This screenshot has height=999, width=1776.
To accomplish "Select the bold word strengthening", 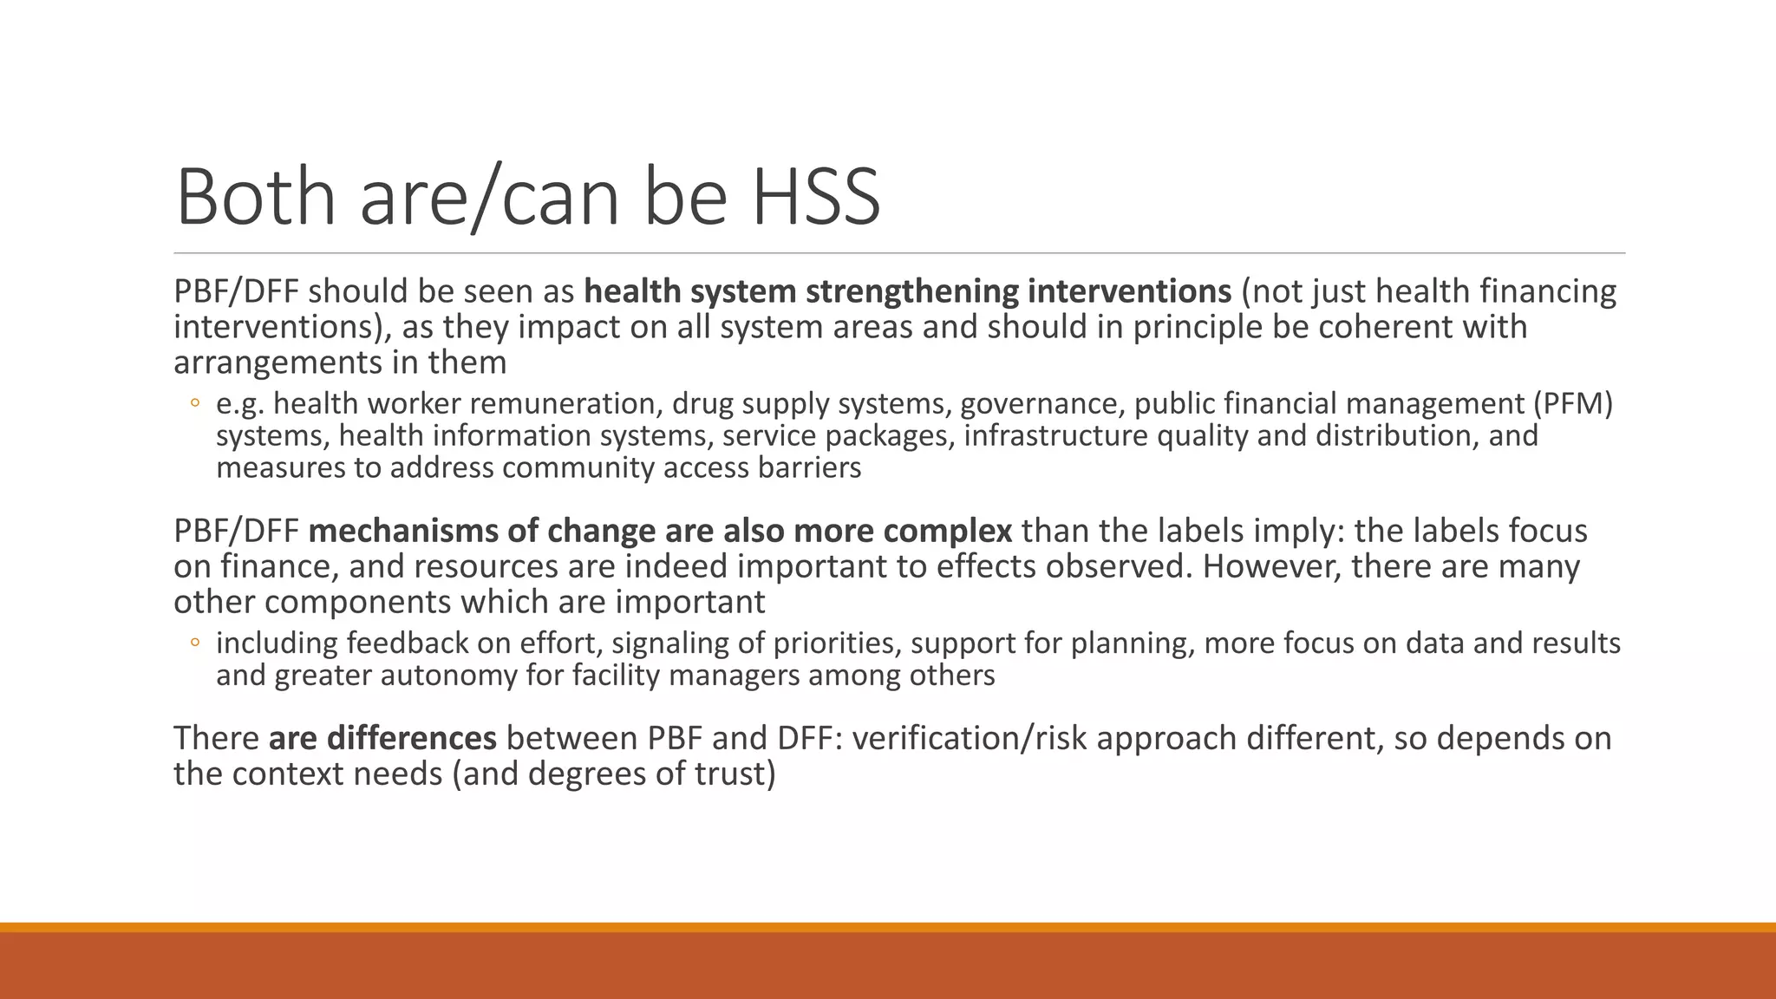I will click(913, 291).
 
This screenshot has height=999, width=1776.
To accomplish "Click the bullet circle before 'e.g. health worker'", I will click(195, 403).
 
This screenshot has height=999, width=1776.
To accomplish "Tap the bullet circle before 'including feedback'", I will click(195, 643).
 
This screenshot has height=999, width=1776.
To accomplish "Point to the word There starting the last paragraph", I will click(216, 738).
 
